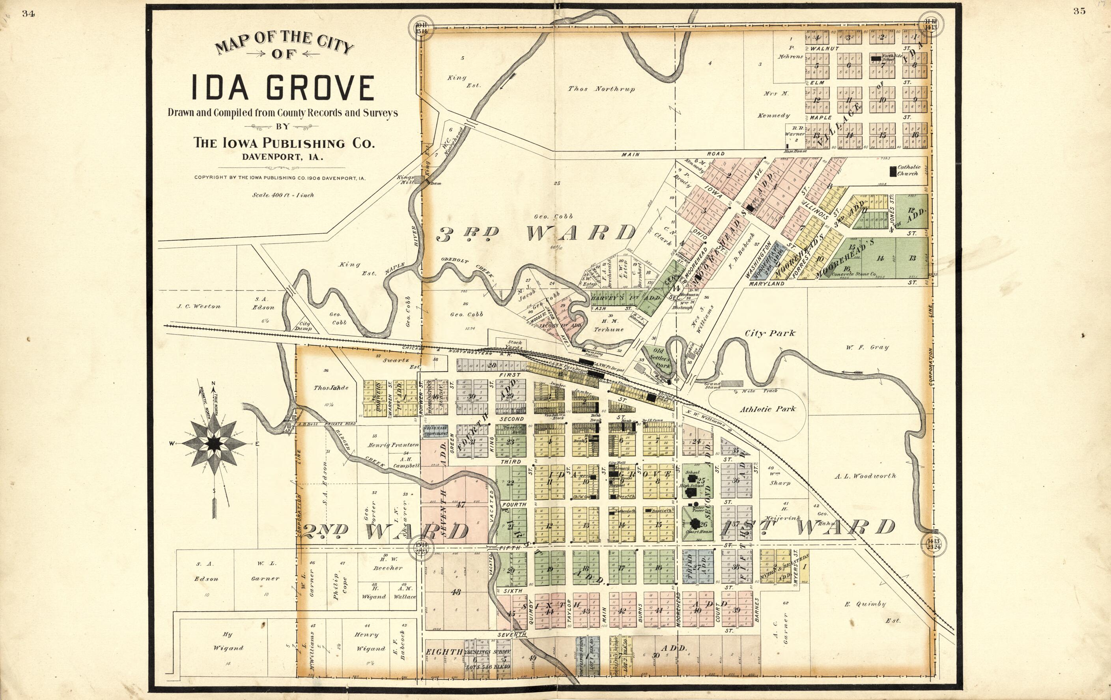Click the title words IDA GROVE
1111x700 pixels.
click(x=282, y=88)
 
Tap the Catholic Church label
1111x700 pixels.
click(x=908, y=170)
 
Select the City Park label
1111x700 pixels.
click(x=770, y=333)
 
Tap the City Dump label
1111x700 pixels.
click(x=305, y=326)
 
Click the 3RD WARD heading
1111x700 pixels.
click(x=535, y=233)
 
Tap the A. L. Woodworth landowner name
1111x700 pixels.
click(x=865, y=475)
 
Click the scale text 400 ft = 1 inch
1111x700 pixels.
click(x=283, y=195)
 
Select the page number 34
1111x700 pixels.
click(x=28, y=14)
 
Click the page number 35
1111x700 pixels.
click(x=1079, y=11)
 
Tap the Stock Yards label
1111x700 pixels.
click(x=514, y=345)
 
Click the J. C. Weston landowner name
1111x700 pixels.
click(x=199, y=306)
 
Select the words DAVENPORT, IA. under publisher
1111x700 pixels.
click(x=282, y=157)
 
